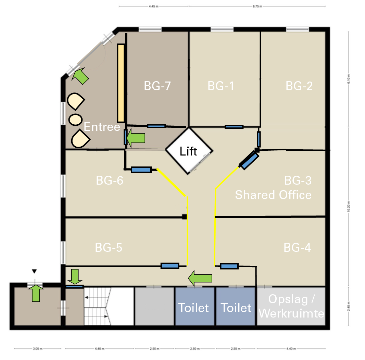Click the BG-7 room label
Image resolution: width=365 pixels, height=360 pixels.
(157, 86)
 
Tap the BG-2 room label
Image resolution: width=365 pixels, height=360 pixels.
(299, 86)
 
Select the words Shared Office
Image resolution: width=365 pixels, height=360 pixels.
(273, 195)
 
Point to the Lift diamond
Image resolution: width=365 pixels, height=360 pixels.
(189, 151)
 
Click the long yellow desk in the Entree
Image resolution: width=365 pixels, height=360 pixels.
(121, 83)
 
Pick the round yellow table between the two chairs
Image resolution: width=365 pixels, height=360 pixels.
(75, 119)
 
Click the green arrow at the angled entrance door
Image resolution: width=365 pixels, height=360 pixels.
(81, 76)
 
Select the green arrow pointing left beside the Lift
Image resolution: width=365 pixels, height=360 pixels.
(136, 138)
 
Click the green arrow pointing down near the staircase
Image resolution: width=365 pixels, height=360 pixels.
(74, 276)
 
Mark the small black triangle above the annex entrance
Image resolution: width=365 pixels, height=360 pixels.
(34, 272)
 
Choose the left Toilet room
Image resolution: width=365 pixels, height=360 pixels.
(193, 308)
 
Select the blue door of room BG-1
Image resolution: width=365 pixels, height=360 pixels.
(234, 127)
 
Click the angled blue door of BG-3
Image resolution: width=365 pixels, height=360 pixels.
(249, 161)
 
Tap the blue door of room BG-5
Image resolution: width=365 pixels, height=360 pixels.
(170, 265)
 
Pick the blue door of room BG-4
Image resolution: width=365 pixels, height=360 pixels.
(229, 266)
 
